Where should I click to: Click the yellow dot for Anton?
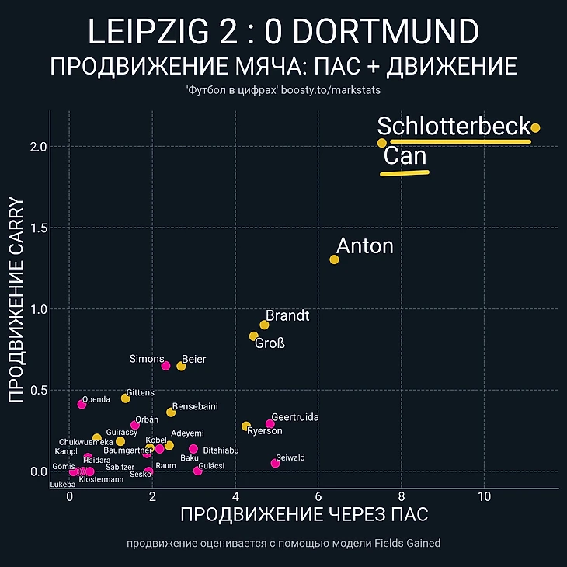click(x=335, y=259)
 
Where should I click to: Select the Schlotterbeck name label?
click(x=454, y=127)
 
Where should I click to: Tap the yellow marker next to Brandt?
click(x=264, y=325)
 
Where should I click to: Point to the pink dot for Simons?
click(x=165, y=365)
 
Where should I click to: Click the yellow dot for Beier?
click(x=181, y=366)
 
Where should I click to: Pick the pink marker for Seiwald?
click(x=275, y=464)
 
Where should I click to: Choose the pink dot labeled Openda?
click(x=82, y=404)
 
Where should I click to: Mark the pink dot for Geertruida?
click(x=270, y=424)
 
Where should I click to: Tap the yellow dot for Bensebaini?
click(x=171, y=412)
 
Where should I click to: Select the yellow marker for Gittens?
click(x=126, y=398)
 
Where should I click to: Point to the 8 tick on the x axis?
click(x=402, y=497)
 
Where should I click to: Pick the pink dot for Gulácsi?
click(x=197, y=471)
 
